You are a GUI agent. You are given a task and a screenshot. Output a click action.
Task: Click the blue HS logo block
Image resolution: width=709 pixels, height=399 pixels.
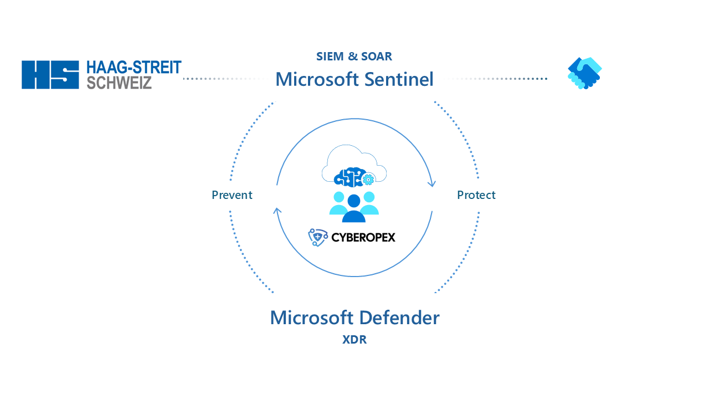tap(50, 75)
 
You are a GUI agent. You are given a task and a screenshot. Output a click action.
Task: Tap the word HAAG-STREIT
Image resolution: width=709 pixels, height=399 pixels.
tap(134, 68)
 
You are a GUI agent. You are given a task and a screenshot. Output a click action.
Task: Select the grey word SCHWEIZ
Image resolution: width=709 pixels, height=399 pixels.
tap(119, 83)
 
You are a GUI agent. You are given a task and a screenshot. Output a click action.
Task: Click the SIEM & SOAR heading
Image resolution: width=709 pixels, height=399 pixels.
tap(354, 57)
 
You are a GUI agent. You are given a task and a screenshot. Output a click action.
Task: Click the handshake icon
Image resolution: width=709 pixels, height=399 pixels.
tap(584, 73)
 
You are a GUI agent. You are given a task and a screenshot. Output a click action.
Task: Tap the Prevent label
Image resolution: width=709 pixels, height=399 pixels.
tap(232, 195)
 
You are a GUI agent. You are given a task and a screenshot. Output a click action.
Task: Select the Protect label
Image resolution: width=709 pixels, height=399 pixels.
tap(476, 195)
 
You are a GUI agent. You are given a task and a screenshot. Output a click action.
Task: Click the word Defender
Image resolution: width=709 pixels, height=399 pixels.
tap(400, 318)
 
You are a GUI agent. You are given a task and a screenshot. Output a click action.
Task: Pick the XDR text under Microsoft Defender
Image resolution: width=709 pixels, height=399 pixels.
tap(354, 340)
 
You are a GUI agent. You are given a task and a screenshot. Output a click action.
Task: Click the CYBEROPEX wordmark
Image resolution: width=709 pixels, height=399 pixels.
tap(363, 238)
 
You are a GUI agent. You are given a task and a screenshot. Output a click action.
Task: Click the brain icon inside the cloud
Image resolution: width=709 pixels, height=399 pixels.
tap(348, 177)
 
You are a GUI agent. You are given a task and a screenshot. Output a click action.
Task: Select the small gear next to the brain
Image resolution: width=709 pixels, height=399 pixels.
tap(368, 180)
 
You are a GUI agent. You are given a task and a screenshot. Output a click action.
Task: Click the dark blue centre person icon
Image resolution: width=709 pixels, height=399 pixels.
tap(354, 209)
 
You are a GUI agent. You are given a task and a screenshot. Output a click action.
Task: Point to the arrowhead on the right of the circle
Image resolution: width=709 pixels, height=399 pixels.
tap(431, 183)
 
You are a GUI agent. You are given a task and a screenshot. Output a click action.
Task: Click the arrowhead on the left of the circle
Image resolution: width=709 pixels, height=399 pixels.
tap(278, 211)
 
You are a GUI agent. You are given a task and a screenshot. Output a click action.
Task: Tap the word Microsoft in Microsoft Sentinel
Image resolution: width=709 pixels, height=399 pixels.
tap(317, 79)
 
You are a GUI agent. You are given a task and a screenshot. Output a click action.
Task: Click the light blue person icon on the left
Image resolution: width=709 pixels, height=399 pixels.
tap(338, 203)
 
